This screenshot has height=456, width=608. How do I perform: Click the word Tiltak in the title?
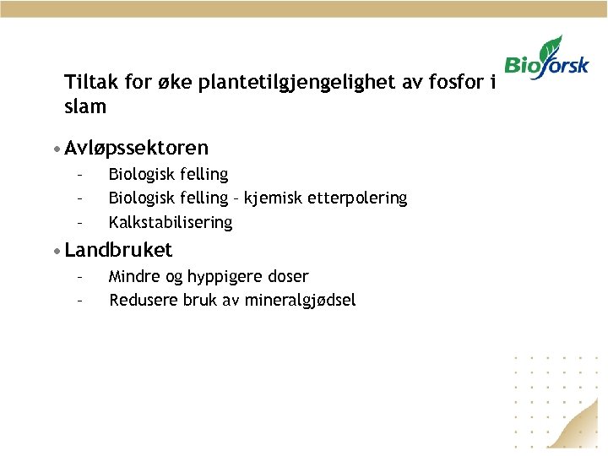point(90,84)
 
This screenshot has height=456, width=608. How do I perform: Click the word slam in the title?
point(85,107)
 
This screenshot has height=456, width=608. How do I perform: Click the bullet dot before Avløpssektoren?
point(55,149)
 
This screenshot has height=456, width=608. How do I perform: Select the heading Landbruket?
point(118,250)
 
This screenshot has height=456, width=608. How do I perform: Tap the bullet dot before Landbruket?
point(55,251)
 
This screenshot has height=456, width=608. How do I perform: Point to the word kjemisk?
point(269,198)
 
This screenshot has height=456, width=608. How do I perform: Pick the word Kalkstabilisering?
point(171,223)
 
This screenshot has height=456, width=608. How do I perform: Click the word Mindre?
point(136,276)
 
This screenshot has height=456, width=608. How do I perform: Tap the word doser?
point(288,276)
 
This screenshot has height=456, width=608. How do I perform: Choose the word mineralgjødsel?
point(301,301)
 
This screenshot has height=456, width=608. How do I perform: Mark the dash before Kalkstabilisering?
point(79,223)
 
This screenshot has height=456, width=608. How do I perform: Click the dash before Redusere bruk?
point(79,300)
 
